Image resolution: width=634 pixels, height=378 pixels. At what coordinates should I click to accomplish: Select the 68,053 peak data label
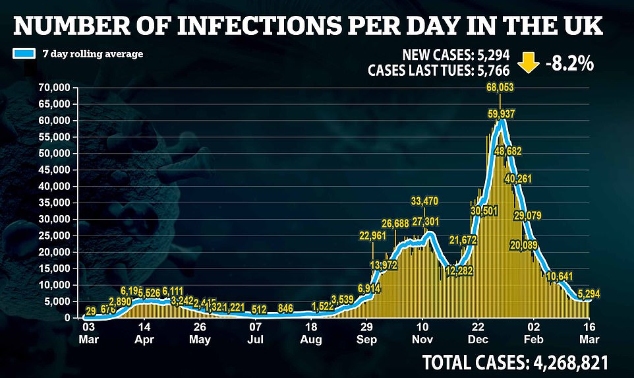(500, 87)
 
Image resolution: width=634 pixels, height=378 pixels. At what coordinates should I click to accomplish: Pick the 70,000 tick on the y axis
(55, 88)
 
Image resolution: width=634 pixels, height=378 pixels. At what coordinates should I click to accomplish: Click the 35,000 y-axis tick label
(55, 203)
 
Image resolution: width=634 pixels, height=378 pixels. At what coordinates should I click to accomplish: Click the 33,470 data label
(425, 201)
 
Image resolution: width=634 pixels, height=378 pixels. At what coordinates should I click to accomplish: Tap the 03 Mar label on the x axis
(89, 333)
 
